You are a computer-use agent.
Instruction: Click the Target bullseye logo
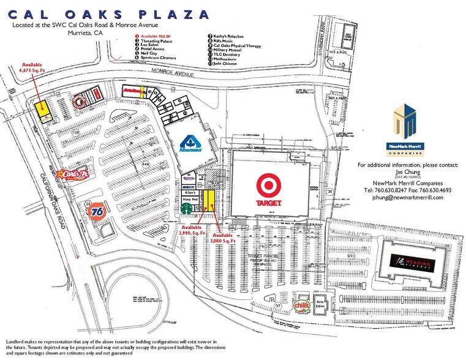tap(268, 186)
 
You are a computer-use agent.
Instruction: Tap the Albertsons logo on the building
tap(190, 144)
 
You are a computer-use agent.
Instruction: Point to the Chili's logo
tap(300, 305)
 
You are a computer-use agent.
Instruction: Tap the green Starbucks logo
tap(186, 209)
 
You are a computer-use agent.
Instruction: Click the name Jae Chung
tap(404, 173)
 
